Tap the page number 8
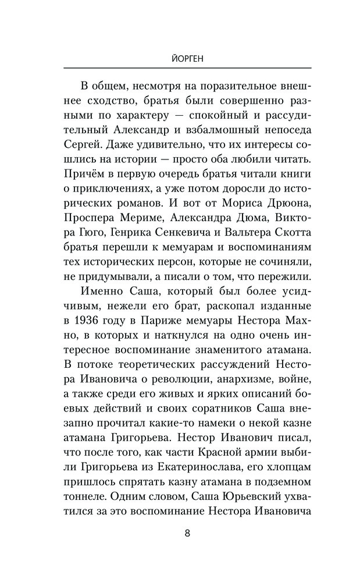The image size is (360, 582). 180,534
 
